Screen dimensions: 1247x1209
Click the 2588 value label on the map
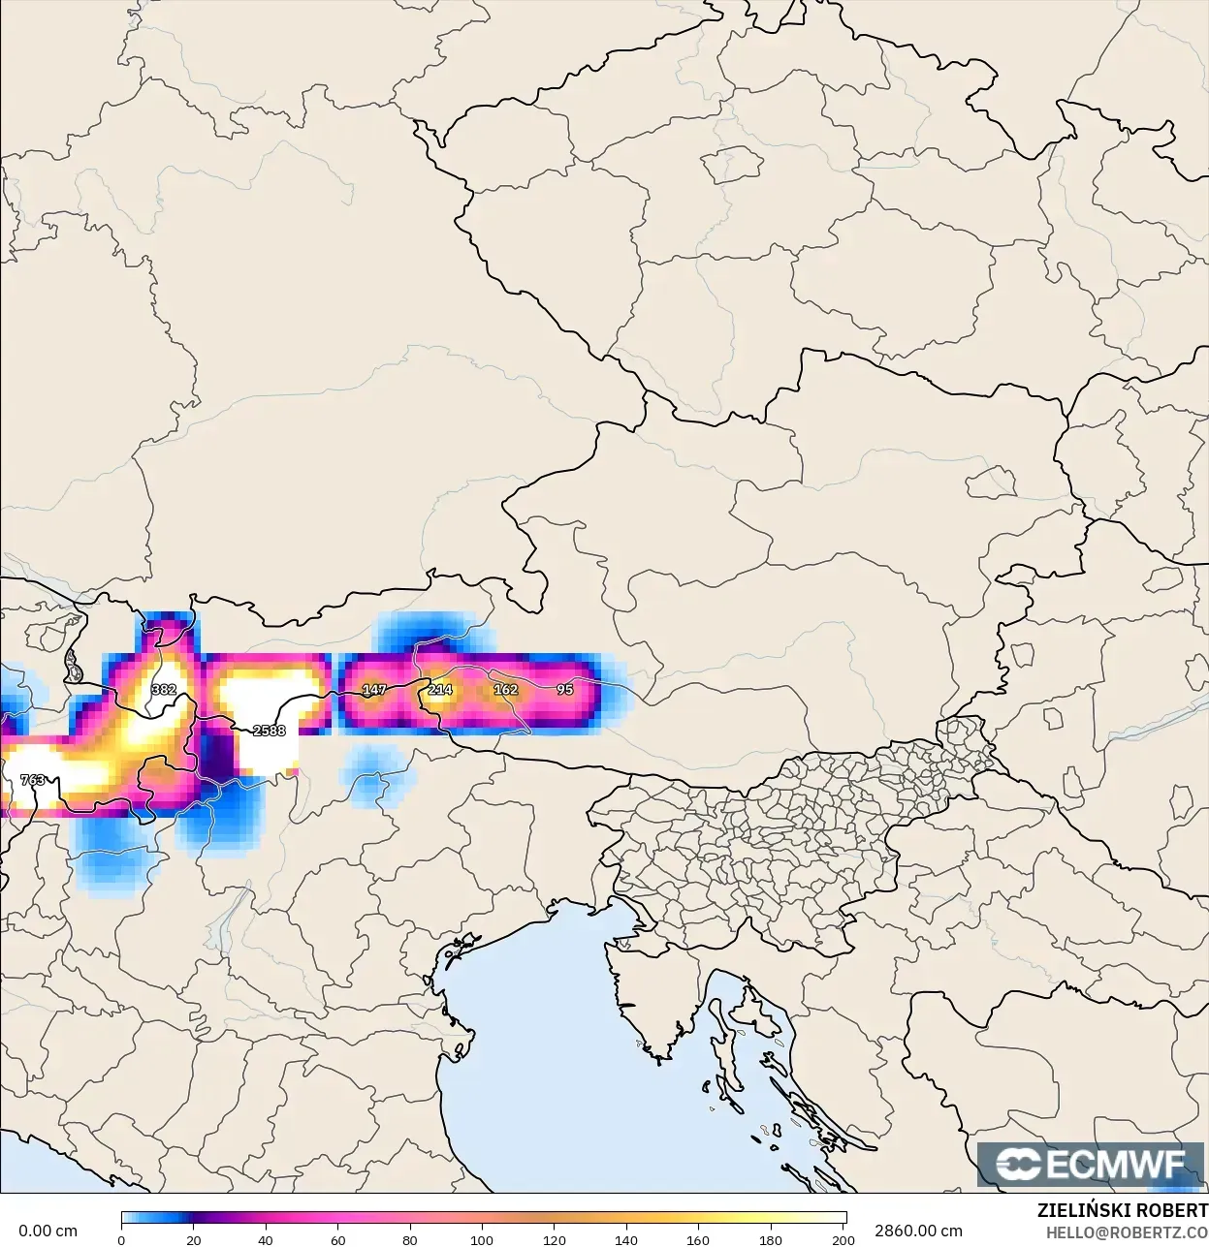coord(269,730)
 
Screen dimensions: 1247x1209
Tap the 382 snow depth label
coord(164,689)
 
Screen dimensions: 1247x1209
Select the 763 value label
coord(32,779)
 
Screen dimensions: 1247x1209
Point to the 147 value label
coord(374,689)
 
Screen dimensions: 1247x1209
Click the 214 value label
coord(440,689)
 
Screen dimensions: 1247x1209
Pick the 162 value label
coord(505,689)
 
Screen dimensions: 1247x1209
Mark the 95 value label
coord(565,689)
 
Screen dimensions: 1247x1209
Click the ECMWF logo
coord(1092,1164)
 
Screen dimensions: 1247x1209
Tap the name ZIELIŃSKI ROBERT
coord(1122,1210)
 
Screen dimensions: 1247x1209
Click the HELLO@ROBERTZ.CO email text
coord(1127,1232)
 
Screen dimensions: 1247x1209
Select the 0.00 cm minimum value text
coord(48,1231)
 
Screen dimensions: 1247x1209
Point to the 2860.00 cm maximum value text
coord(918,1231)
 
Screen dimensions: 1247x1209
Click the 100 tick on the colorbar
coord(482,1239)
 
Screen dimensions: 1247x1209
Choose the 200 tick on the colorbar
coord(843,1239)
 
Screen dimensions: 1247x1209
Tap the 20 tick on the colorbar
coord(194,1239)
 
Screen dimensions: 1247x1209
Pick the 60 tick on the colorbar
coord(337,1239)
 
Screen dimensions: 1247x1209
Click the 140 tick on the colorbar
coord(626,1239)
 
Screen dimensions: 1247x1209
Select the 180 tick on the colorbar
coord(771,1239)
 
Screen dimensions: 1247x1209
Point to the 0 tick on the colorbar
coord(121,1239)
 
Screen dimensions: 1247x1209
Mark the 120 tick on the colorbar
coord(554,1239)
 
